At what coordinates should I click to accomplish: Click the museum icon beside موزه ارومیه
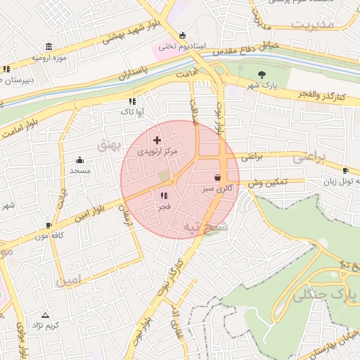coord(48,46)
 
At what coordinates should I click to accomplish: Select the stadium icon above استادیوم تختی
coord(183,35)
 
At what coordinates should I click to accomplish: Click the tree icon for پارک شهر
coord(262,74)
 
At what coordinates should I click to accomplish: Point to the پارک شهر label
coord(262,85)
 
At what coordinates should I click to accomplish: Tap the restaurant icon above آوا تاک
coord(132,101)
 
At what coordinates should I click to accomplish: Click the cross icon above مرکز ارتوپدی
coord(157,141)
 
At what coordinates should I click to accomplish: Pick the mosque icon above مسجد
coord(79,160)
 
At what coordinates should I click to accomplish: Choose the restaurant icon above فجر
coord(164,196)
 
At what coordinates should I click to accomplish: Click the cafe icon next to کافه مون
coord(49,225)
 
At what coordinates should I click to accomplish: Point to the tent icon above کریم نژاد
coord(46,315)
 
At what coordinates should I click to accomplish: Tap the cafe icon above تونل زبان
coord(345,171)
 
